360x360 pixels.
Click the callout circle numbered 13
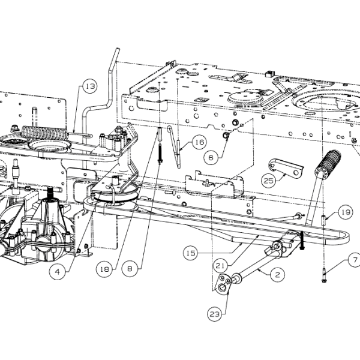point(90,86)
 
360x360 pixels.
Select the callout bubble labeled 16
point(199,142)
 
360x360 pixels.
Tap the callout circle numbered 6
point(211,157)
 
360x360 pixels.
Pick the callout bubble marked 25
point(269,181)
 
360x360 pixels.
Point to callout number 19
point(346,212)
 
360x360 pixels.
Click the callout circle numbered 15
point(191,253)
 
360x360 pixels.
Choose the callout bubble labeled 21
point(220,266)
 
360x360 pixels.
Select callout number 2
point(278,275)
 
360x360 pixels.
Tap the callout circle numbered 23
point(215,314)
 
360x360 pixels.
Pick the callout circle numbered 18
point(104,269)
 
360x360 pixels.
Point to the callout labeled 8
point(130,269)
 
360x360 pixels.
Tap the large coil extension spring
point(45,133)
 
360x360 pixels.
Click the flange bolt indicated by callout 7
point(324,275)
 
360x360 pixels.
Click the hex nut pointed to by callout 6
point(226,136)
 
